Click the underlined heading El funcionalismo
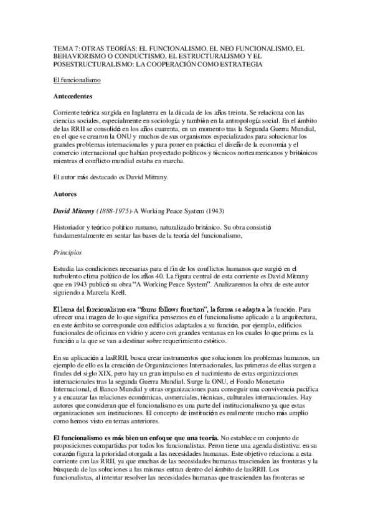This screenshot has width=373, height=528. pos(77,81)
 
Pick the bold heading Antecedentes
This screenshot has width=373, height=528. pos(73,97)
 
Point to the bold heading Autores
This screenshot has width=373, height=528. pos(65,194)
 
